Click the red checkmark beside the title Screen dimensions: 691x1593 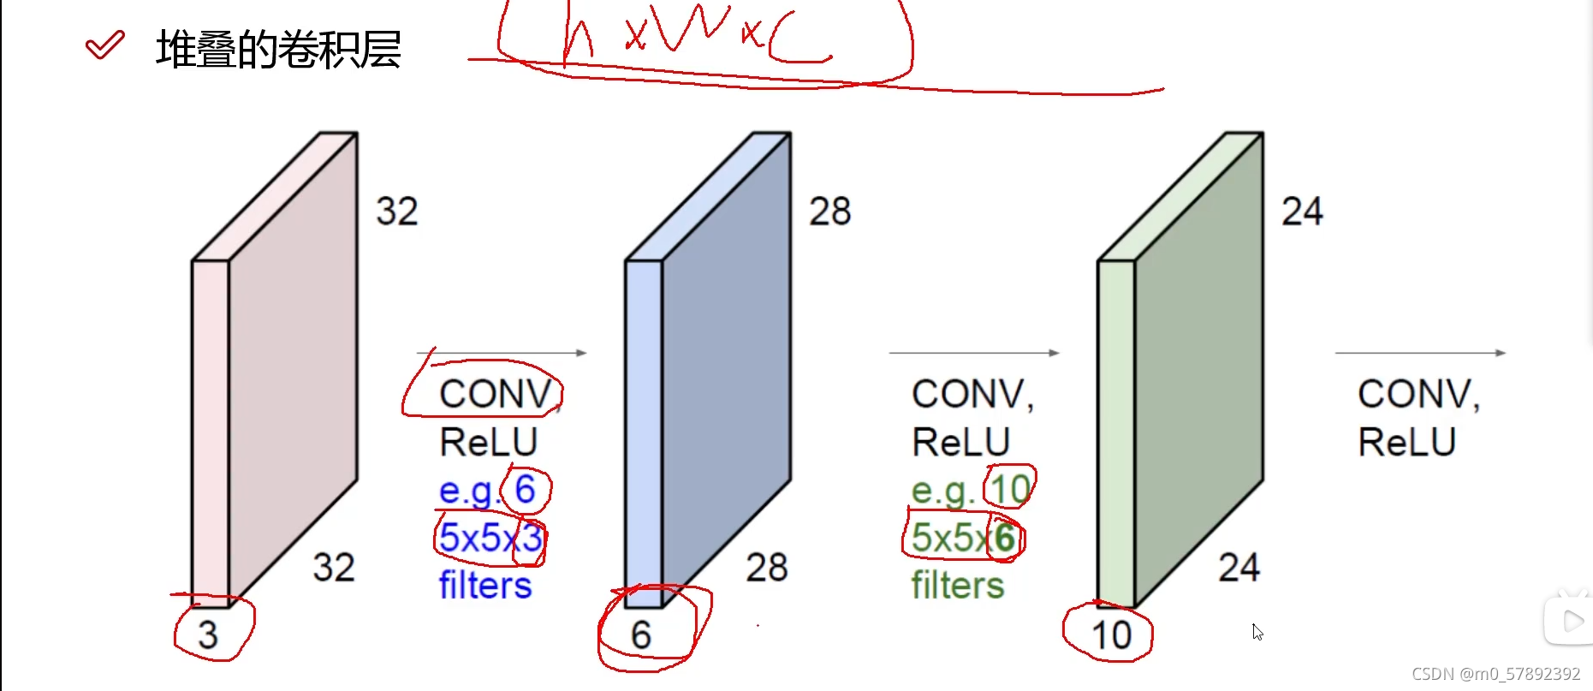105,45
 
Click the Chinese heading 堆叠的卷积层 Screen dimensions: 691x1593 278,50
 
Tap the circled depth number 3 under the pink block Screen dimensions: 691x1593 208,634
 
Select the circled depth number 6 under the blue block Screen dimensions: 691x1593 641,634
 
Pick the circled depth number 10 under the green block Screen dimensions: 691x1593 1111,635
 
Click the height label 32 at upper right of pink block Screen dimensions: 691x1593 397,211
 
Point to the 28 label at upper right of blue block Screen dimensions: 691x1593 830,211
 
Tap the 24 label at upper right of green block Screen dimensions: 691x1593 1302,211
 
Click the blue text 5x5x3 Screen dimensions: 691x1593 490,538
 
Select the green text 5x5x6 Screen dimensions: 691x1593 963,538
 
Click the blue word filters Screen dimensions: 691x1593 485,586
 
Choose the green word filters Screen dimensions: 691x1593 958,586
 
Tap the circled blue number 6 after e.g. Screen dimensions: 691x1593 525,490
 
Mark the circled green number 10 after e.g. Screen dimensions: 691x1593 1010,490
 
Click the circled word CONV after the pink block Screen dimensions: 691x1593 495,394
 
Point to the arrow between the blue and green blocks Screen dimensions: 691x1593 974,353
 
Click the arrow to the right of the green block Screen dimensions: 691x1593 1420,353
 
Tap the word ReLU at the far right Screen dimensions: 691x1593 1407,442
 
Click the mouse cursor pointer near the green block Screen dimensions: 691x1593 1257,631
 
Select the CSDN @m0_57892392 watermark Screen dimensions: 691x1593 1495,674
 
